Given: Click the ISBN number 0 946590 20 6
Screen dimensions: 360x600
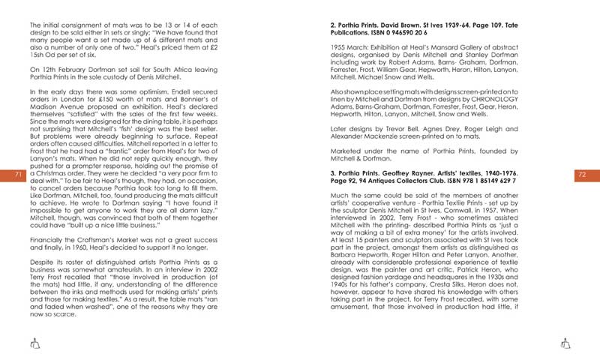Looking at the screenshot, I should pos(403,32).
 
